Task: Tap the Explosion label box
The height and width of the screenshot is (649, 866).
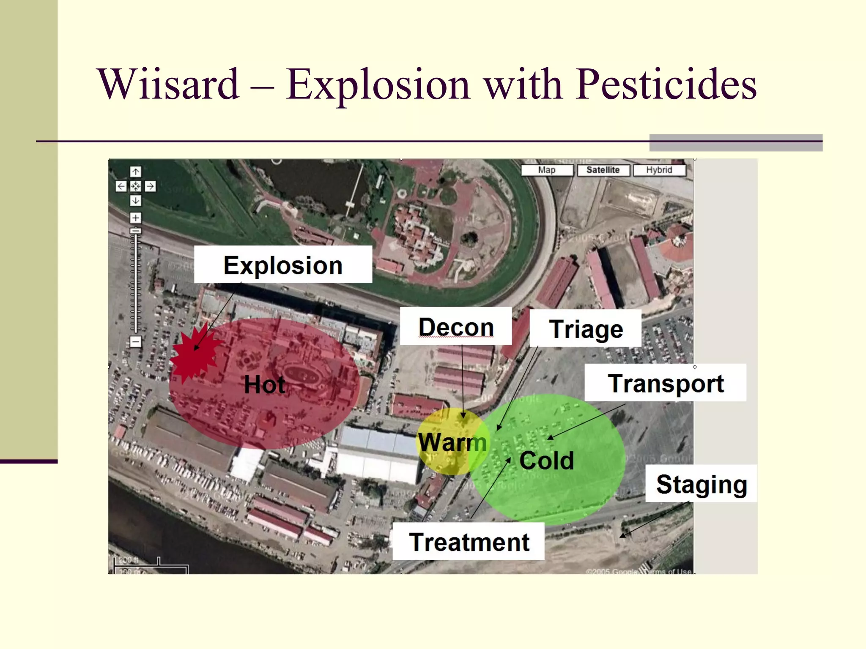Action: (283, 265)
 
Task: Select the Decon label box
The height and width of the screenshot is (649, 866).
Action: (456, 327)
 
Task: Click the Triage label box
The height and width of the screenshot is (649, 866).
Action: (586, 329)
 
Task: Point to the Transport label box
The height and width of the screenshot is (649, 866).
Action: (665, 383)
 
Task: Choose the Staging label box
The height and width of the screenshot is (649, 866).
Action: (701, 484)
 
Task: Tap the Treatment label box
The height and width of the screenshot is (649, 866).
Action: (469, 542)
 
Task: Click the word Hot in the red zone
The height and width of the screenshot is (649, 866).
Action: (264, 384)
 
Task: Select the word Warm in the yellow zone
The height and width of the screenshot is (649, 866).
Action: (452, 442)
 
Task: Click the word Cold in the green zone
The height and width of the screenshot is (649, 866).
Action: (546, 460)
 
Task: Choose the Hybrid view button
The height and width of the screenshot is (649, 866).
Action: (659, 170)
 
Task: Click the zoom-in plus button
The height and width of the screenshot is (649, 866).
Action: (135, 218)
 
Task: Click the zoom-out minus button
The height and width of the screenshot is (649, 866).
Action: (135, 341)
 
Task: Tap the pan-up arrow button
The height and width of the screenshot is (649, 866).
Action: (135, 172)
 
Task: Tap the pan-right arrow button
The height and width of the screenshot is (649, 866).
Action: (150, 186)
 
